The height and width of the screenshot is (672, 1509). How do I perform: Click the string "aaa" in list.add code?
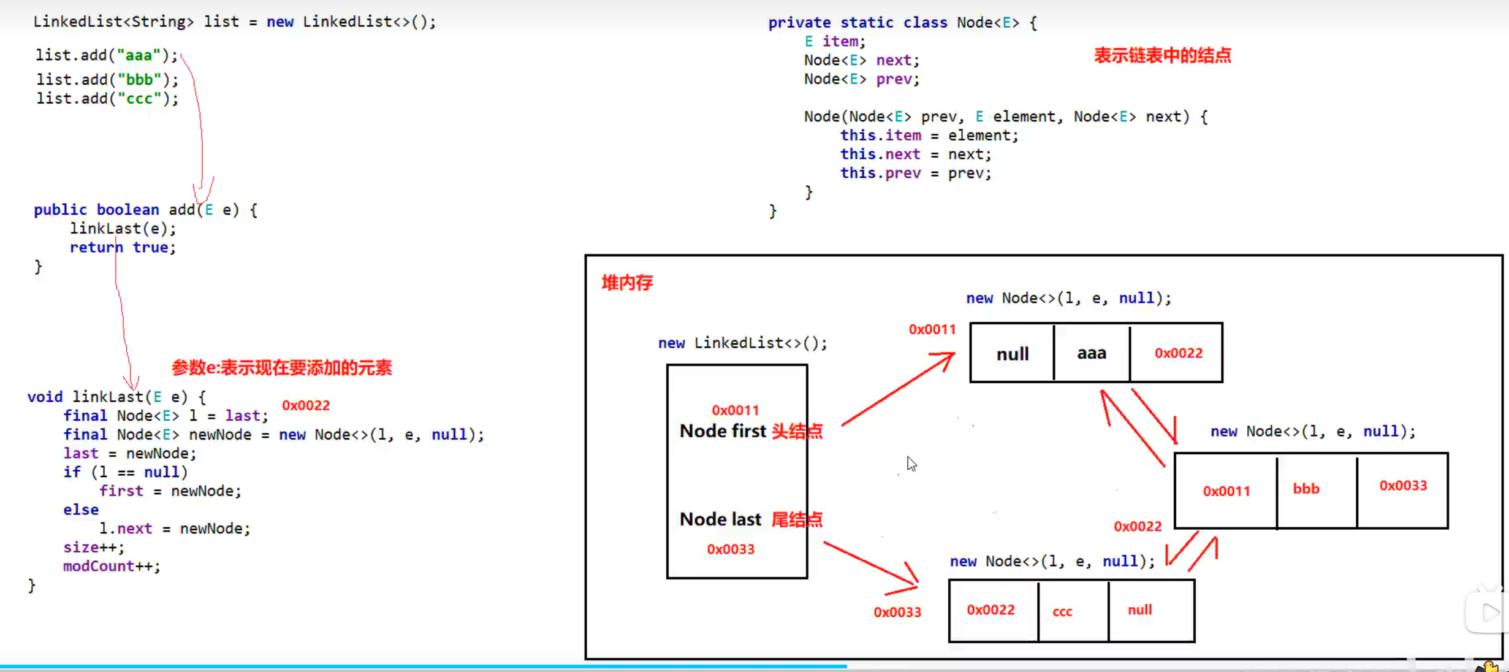pos(139,55)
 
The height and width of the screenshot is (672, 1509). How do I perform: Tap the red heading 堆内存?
pos(627,283)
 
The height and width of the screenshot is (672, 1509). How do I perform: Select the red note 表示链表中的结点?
pos(1162,56)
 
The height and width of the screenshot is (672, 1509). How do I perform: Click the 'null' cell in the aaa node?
pos(1012,354)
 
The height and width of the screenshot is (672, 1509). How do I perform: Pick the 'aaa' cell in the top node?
pos(1092,353)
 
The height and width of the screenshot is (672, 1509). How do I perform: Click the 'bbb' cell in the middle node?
pos(1306,489)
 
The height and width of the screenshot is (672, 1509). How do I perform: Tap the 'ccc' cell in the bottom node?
pos(1062,611)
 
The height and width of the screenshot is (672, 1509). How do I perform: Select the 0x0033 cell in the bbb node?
pos(1403,486)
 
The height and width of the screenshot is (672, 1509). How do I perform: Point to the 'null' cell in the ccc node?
pos(1139,610)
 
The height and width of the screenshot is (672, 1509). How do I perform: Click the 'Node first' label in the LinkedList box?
pos(723,431)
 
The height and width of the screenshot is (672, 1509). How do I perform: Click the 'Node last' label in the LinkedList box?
pos(720,519)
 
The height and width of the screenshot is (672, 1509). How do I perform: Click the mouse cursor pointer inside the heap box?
pos(911,464)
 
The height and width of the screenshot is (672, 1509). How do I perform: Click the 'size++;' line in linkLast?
pos(93,547)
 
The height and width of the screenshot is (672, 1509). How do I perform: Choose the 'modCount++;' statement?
pos(112,566)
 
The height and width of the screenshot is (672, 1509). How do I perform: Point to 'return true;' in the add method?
pos(123,247)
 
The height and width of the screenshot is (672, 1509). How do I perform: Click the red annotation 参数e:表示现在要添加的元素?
pos(281,368)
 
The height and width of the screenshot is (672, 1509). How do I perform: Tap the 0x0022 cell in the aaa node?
pos(1178,353)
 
